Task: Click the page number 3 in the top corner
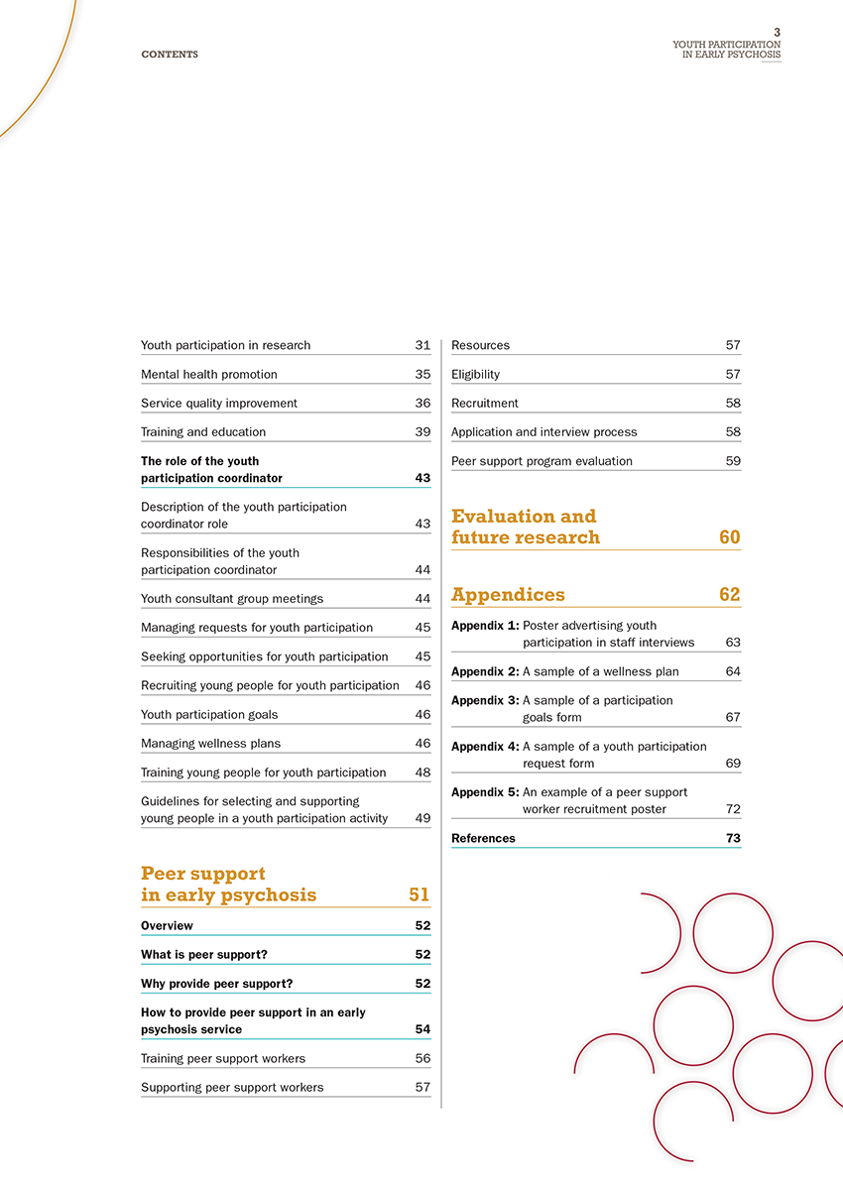click(x=777, y=33)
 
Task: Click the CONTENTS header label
click(x=170, y=55)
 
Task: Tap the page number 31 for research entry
click(x=422, y=345)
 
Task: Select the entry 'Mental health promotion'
click(x=209, y=374)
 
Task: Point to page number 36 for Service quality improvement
click(x=422, y=403)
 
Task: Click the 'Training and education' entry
click(x=203, y=431)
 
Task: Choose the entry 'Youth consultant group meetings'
click(x=232, y=598)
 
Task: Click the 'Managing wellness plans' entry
click(x=210, y=743)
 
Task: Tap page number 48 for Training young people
click(x=422, y=772)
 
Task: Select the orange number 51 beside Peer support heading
click(x=419, y=894)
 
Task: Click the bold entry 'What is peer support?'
click(x=204, y=954)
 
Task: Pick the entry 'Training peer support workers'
click(x=223, y=1058)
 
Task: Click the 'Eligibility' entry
click(x=476, y=374)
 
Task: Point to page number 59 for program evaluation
click(x=733, y=460)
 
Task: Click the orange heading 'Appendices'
click(x=508, y=595)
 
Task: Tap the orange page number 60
click(x=729, y=537)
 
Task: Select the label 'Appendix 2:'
click(x=485, y=671)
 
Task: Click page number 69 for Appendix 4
click(x=733, y=763)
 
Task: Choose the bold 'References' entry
click(x=483, y=838)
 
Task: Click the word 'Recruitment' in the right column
click(x=485, y=403)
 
